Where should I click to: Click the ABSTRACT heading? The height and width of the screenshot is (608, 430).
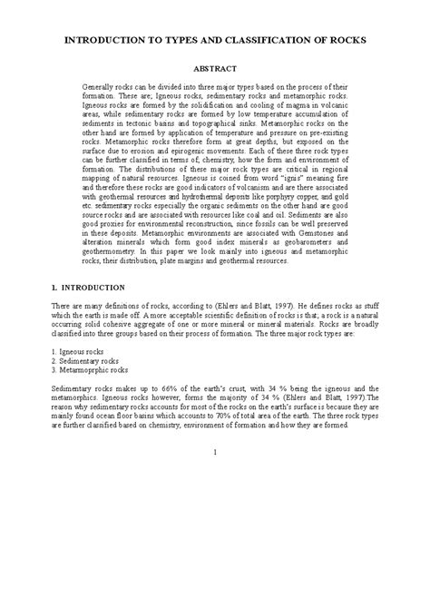tap(215, 69)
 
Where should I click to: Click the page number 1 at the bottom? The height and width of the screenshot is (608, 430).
tap(215, 452)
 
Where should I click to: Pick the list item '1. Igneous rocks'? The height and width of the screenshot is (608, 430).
tap(83, 349)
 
